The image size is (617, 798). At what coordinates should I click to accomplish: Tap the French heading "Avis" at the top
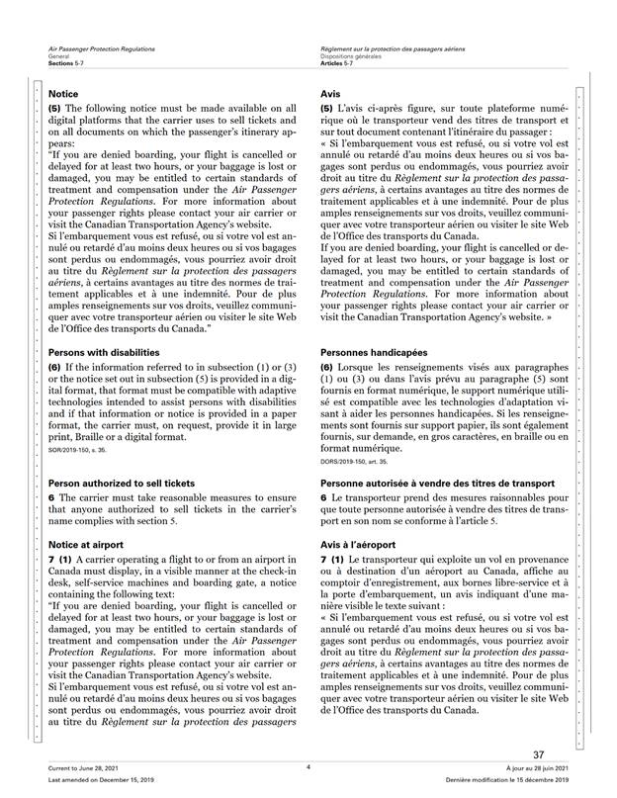[332, 93]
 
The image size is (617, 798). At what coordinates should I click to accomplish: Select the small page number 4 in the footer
[308, 767]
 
